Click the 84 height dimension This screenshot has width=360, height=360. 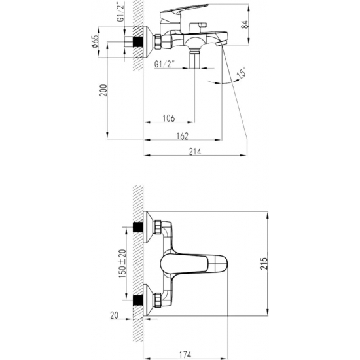245,25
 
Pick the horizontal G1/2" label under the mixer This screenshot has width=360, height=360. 164,63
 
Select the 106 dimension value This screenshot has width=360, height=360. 168,118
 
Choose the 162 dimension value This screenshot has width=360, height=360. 183,135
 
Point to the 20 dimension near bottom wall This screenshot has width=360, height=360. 115,316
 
